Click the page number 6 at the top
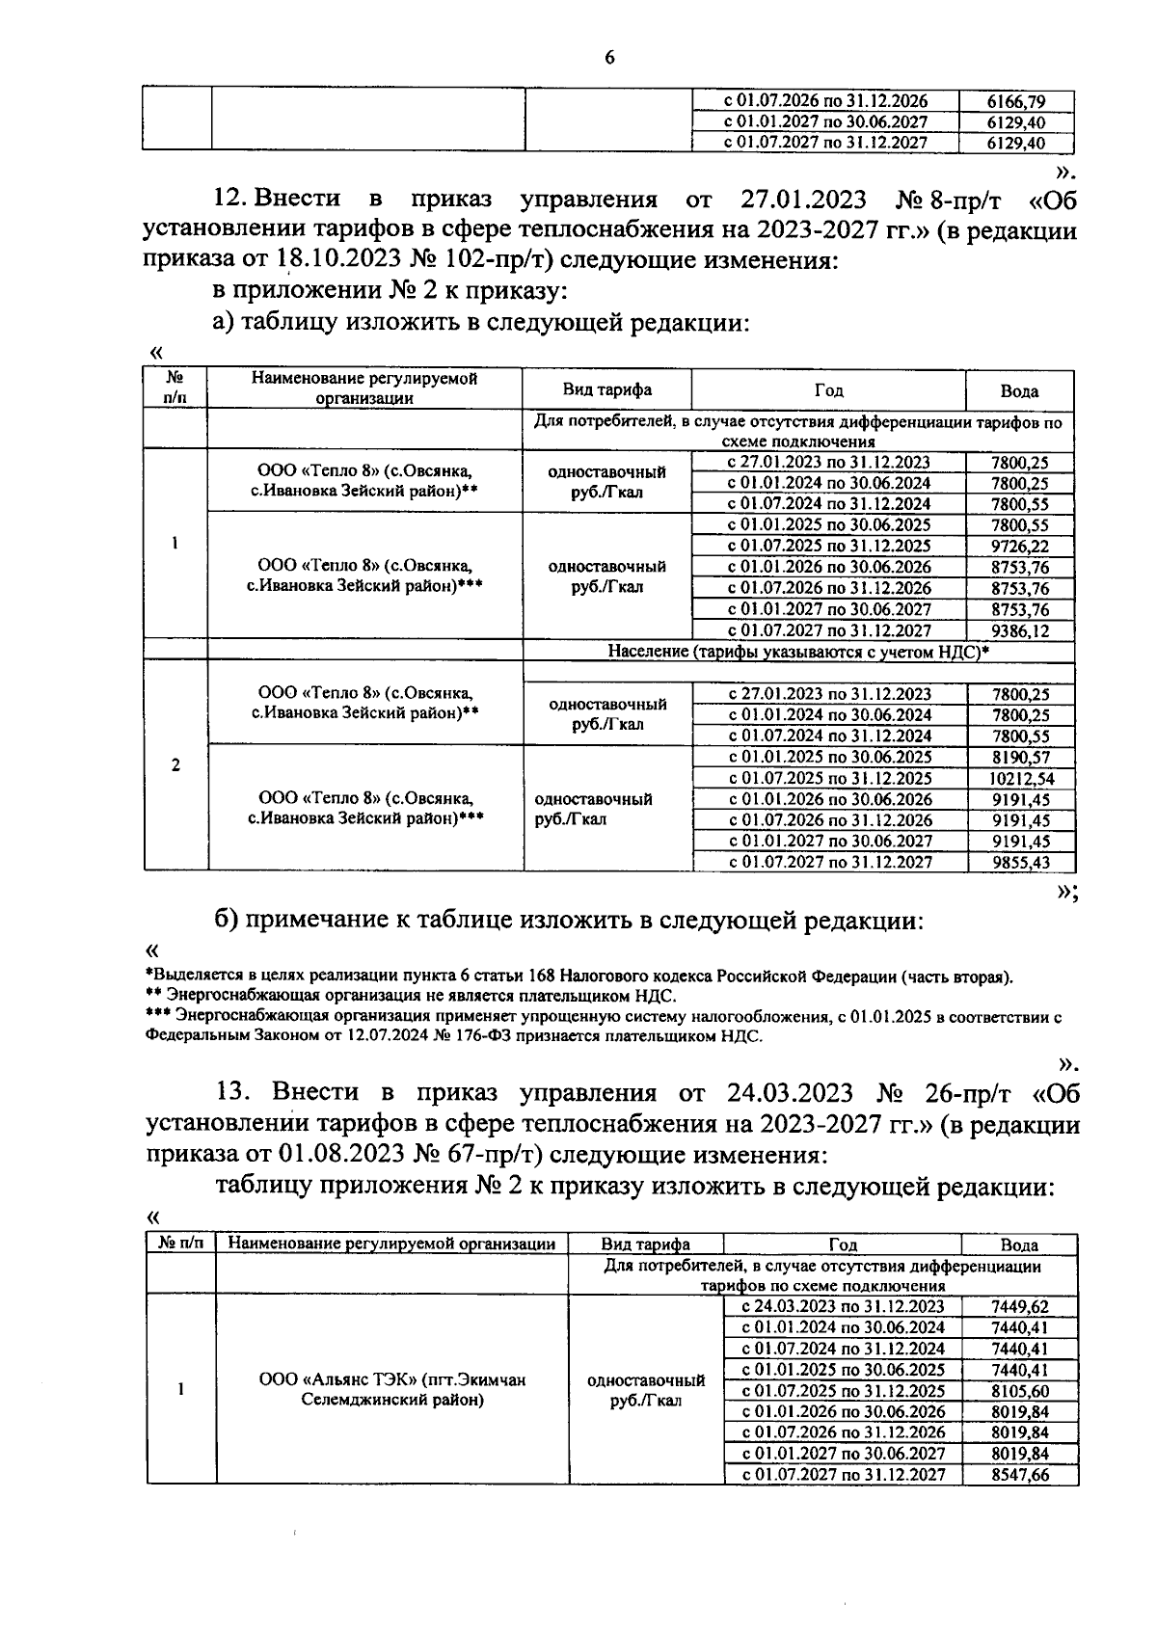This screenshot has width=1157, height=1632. (x=608, y=58)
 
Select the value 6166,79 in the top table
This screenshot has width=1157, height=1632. (x=1016, y=101)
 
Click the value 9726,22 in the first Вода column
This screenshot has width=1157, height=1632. (x=1019, y=546)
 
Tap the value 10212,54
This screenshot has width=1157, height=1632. (x=1019, y=778)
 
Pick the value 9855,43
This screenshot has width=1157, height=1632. (x=1020, y=863)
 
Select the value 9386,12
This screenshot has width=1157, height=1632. (x=1019, y=630)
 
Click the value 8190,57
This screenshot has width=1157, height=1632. (x=1019, y=757)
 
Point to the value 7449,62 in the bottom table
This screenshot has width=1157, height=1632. (x=1019, y=1307)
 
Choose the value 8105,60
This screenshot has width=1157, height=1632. (x=1019, y=1391)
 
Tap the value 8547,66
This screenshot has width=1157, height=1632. (x=1019, y=1475)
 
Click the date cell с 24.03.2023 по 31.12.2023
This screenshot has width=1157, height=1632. (x=842, y=1307)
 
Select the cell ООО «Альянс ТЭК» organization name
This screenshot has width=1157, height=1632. (x=392, y=1389)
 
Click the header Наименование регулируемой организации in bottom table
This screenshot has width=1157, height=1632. (x=391, y=1244)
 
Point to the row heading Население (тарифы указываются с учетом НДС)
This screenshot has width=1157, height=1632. (x=798, y=652)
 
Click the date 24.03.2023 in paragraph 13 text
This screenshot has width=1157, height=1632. (x=786, y=1093)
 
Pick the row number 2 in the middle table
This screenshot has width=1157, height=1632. (x=175, y=766)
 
